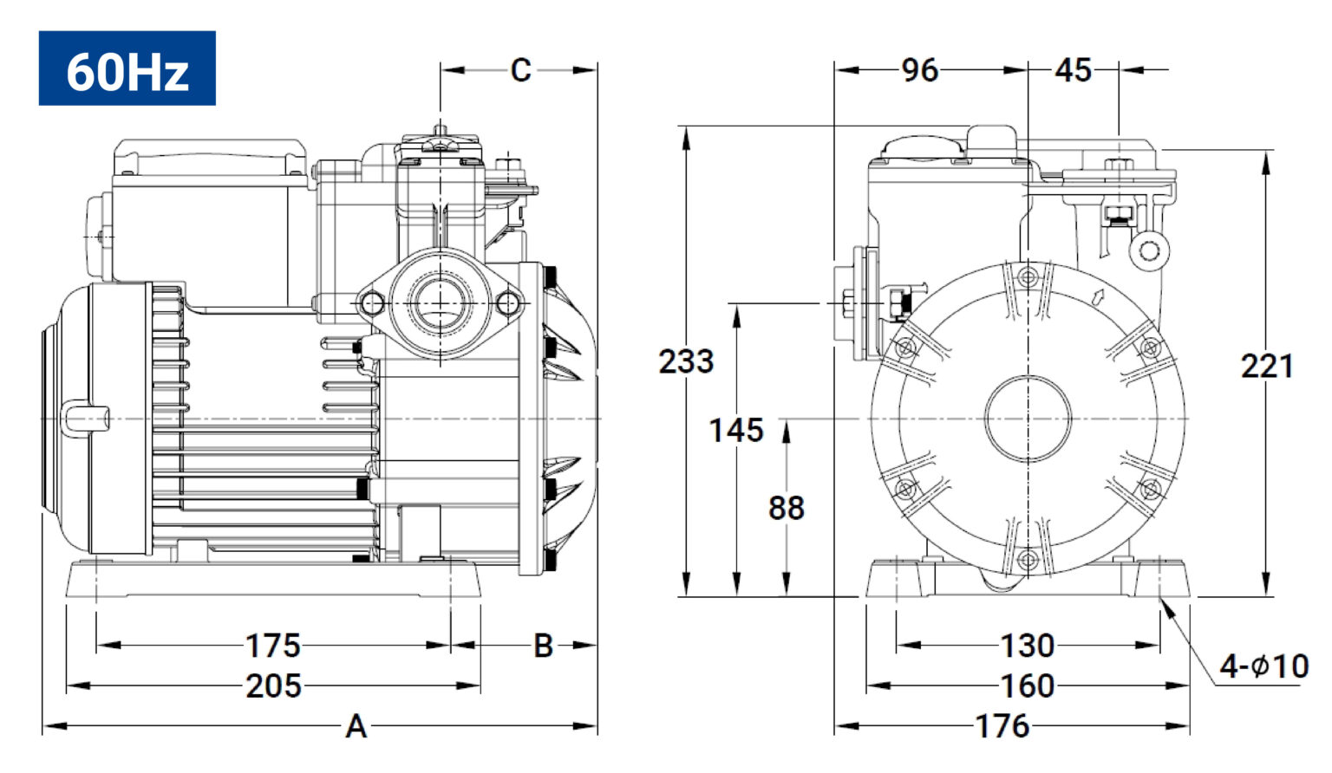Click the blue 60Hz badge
[x=127, y=68]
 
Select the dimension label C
[x=521, y=70]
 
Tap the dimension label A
[x=356, y=726]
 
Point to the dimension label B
[x=544, y=646]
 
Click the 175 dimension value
[x=273, y=646]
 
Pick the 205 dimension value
[x=273, y=686]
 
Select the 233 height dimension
[x=686, y=361]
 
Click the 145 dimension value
[x=736, y=430]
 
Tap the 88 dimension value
[x=787, y=509]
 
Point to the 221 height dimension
[x=1267, y=367]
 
